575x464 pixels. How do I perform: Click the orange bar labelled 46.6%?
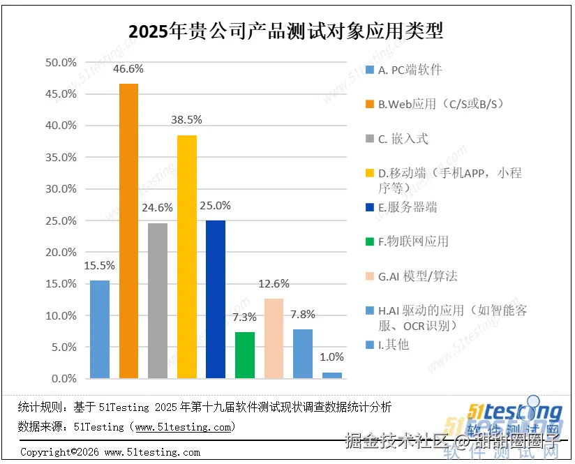click(128, 231)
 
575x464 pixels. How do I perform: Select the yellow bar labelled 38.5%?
click(187, 257)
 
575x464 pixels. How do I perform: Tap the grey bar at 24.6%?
click(158, 301)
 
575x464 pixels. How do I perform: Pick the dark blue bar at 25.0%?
click(216, 299)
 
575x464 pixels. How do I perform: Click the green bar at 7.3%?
click(245, 355)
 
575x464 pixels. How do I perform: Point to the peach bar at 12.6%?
click(274, 338)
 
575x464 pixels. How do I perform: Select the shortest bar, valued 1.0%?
click(332, 375)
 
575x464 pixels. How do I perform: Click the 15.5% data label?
click(100, 265)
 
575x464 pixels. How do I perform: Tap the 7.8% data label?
click(303, 314)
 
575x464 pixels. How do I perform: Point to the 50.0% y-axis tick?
click(61, 62)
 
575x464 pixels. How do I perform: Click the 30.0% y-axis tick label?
click(61, 189)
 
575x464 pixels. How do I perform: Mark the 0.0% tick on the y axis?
click(64, 379)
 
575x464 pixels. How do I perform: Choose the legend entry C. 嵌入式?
click(403, 139)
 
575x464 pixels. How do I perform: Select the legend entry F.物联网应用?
click(413, 241)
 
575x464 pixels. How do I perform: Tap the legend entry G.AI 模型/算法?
click(417, 276)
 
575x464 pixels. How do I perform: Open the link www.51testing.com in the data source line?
click(182, 426)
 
